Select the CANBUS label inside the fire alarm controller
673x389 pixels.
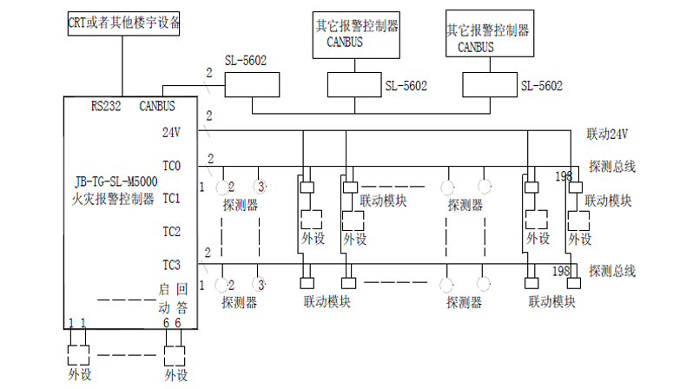[157, 107]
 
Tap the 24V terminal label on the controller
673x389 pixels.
[171, 133]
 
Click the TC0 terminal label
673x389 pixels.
[171, 165]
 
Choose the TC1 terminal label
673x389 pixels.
[171, 199]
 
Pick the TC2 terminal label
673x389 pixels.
[171, 232]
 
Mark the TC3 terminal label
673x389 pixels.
[171, 264]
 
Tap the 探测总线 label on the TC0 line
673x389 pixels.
[611, 166]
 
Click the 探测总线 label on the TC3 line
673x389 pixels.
[611, 271]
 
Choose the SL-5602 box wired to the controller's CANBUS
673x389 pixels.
[253, 84]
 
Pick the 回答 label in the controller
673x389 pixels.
[181, 297]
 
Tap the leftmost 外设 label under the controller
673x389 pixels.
[79, 375]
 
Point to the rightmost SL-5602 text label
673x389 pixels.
[541, 86]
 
